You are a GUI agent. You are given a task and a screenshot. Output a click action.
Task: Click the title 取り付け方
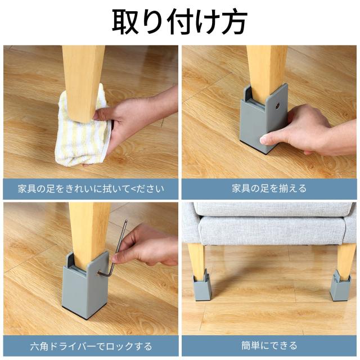[x=179, y=22]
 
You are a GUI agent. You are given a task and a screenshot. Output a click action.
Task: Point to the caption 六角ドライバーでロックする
[x=91, y=345]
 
